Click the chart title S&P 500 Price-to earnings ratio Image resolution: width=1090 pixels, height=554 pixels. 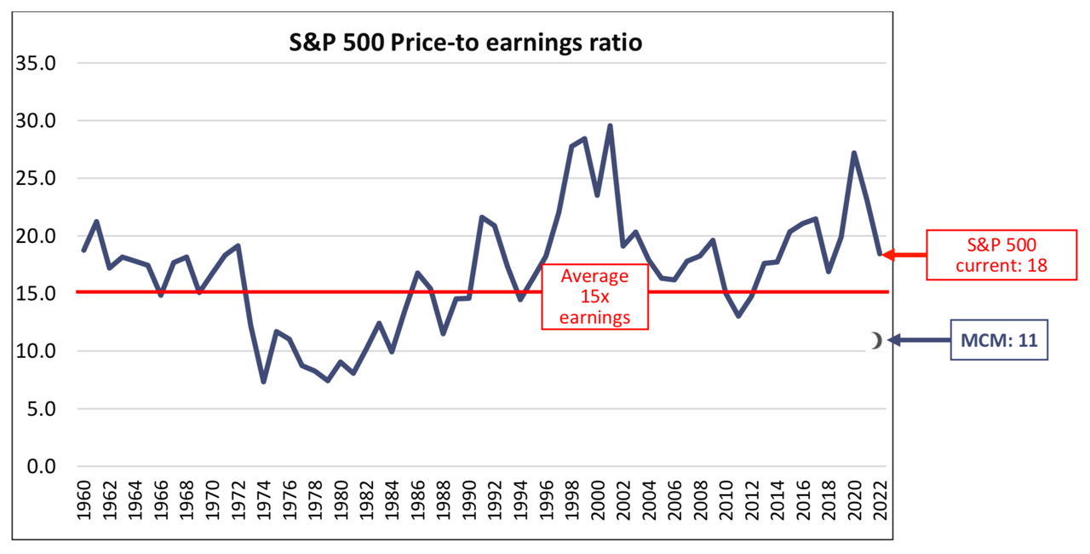point(465,42)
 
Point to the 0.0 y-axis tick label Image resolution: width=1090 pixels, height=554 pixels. point(39,466)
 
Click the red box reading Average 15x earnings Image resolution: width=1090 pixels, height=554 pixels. point(594,297)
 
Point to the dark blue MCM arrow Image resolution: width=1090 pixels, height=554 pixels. point(918,341)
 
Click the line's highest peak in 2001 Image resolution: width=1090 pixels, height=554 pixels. point(610,126)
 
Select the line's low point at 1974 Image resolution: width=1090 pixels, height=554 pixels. point(264,381)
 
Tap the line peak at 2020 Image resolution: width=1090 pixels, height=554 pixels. point(853,153)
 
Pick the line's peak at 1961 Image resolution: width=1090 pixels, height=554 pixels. point(96,222)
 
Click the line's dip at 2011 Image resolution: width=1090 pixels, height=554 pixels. point(737,315)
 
